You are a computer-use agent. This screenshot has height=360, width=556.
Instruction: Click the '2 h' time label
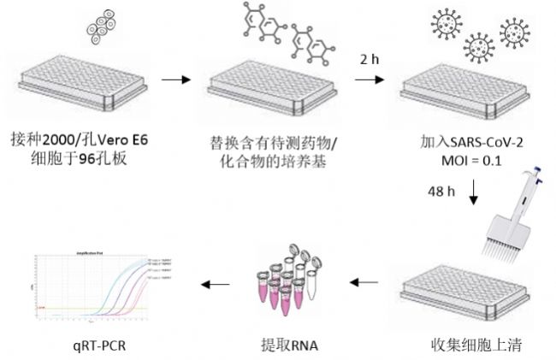click(369, 59)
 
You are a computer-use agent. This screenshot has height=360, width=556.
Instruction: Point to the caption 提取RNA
click(283, 345)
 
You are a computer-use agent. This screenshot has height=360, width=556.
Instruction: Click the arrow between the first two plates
click(174, 80)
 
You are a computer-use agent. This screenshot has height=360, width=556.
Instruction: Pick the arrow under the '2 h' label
click(369, 80)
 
